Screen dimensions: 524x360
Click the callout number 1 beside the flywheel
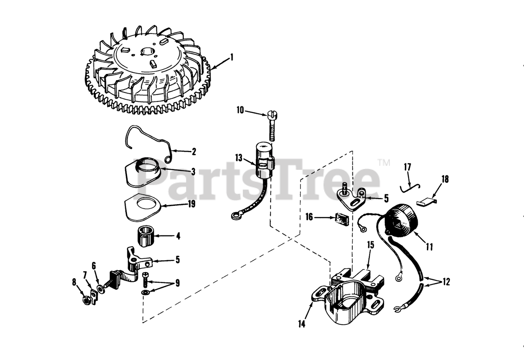pyautogui.click(x=232, y=58)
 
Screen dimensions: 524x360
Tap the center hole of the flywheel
pyautogui.click(x=147, y=52)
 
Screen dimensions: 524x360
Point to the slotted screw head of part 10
pyautogui.click(x=271, y=115)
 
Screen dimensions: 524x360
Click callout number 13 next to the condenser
pyautogui.click(x=239, y=158)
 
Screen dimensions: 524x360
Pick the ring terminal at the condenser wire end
pyautogui.click(x=235, y=216)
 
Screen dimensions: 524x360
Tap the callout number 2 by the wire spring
pyautogui.click(x=194, y=152)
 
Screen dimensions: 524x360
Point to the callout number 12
pyautogui.click(x=446, y=282)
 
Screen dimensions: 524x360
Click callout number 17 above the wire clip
pyautogui.click(x=407, y=167)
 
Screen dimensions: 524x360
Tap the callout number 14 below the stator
pyautogui.click(x=302, y=324)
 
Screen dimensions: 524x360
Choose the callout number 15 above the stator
pyautogui.click(x=370, y=245)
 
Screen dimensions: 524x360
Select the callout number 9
pyautogui.click(x=178, y=283)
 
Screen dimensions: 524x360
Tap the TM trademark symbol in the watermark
pyautogui.click(x=384, y=162)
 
